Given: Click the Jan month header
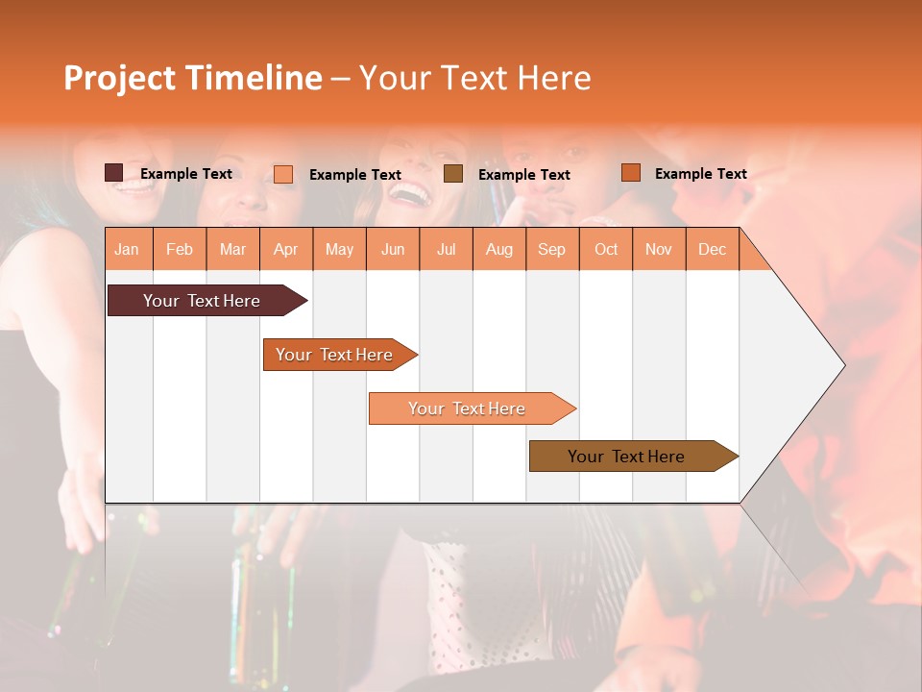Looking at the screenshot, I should click(127, 250).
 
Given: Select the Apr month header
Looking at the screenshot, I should click(285, 250).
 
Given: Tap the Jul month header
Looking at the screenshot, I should click(446, 250).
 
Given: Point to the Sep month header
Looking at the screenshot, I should click(551, 250).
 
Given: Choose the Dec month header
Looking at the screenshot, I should click(712, 250).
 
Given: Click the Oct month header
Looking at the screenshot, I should click(606, 250).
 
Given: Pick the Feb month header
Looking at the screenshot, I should click(180, 250).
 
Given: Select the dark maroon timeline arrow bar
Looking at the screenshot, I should click(202, 301).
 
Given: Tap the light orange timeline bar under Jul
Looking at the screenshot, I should click(467, 408).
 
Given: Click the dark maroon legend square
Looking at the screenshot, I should click(113, 173).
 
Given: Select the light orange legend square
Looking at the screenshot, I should click(283, 174).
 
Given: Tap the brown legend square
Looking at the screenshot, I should click(453, 174).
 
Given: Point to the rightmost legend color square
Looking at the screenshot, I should click(630, 173).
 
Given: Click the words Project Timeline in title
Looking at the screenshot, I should click(192, 78).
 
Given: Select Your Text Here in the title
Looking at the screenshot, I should click(474, 78).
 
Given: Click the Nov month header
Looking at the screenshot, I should click(659, 250).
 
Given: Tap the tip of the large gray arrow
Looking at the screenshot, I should click(842, 365).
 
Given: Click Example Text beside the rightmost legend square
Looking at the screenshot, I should click(700, 174).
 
